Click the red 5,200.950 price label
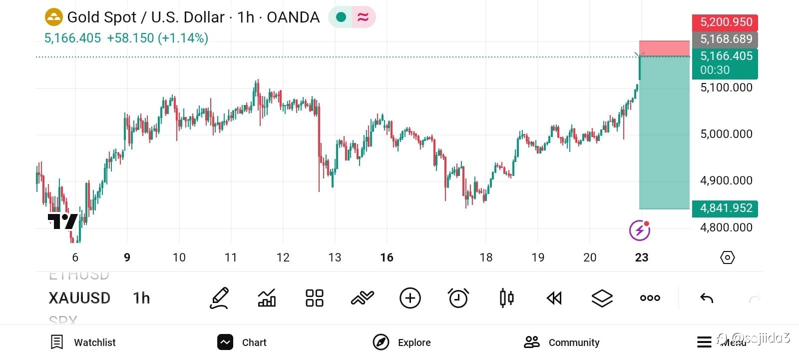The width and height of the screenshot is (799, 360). pos(725,22)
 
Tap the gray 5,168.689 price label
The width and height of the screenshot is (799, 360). pos(725,39)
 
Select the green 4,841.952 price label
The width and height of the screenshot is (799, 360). pos(725,208)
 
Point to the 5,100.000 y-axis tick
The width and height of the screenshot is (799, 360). pos(726,87)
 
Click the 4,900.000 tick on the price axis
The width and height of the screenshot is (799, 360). pos(726,180)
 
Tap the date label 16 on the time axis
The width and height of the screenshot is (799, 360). pos(387,257)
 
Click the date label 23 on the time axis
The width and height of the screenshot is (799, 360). pos(642,257)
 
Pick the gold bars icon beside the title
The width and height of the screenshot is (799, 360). pos(53,17)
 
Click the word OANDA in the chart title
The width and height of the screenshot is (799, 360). pos(293,17)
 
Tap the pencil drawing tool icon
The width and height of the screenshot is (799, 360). pos(219,298)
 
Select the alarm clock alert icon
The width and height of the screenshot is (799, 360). pos(458,298)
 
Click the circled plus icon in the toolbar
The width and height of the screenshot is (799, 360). pos(410,298)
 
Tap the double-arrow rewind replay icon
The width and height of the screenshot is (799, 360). pos(554,298)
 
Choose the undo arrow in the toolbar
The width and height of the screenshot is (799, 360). pos(707,298)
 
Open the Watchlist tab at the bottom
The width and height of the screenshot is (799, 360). pos(83,342)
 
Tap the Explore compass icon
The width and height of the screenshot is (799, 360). pos(381,342)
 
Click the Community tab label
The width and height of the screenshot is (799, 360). pos(574,342)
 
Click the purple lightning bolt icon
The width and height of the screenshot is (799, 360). pos(639,230)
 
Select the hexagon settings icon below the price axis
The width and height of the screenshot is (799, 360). pos(728,257)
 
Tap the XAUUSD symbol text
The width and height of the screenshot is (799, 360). pos(79,298)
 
